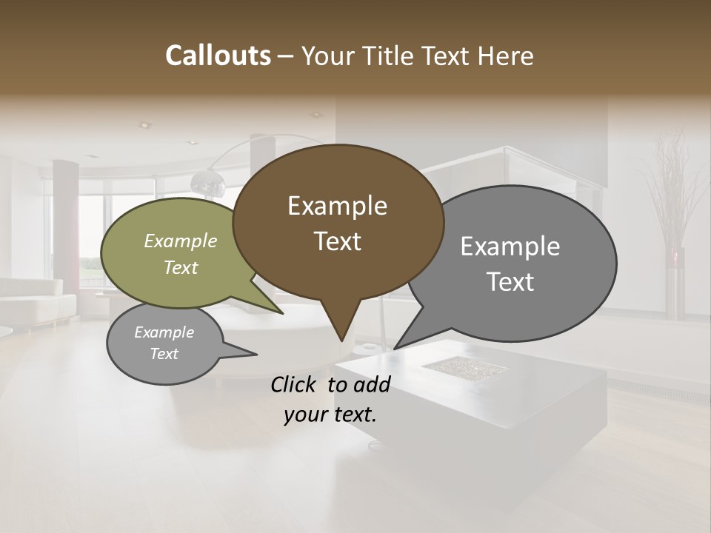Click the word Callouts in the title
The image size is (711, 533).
(x=218, y=56)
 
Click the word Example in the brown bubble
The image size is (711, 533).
(x=338, y=206)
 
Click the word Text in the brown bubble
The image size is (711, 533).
(x=338, y=241)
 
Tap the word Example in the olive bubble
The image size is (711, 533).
(x=181, y=241)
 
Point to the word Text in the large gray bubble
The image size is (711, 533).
(x=510, y=282)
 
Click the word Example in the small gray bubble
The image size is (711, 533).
(x=164, y=332)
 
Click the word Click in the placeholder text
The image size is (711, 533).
(x=296, y=384)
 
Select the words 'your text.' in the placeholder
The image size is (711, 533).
(x=330, y=415)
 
